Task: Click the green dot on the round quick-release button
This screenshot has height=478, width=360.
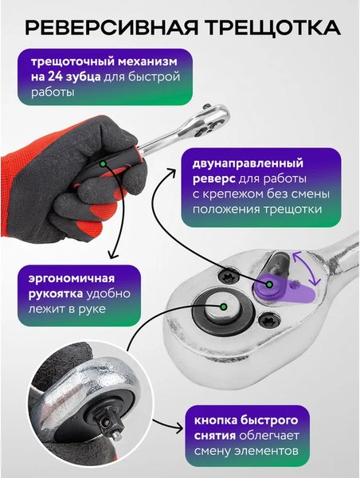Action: (x=225, y=305)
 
